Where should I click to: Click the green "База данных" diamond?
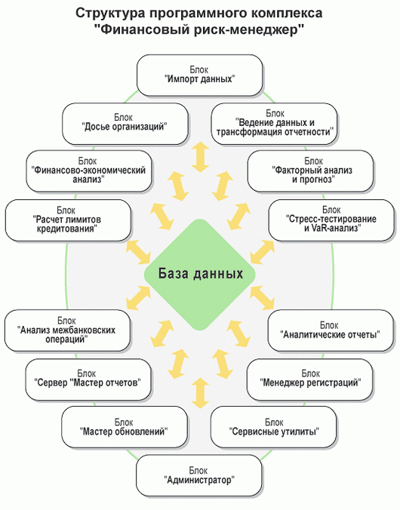[199, 275]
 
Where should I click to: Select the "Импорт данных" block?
[199, 75]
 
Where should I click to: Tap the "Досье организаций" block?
[125, 124]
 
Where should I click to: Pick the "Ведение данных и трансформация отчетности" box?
[274, 124]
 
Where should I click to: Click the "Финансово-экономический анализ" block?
[89, 171]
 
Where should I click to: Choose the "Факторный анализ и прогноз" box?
[310, 171]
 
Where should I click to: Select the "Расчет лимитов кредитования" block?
[68, 220]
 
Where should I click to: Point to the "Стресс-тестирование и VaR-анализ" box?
[331, 220]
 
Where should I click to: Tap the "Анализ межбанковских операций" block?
[67, 330]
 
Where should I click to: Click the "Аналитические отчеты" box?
[331, 330]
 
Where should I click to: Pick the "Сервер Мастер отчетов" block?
[88, 379]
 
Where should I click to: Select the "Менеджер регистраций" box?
[310, 379]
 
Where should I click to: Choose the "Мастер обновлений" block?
[125, 427]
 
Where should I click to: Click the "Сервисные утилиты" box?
[273, 427]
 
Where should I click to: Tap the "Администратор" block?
[198, 475]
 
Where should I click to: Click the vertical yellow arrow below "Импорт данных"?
[200, 157]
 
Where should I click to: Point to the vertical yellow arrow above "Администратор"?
[200, 393]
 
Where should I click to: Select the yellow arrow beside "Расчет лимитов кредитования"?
[138, 252]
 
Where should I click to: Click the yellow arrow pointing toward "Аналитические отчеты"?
[262, 297]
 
